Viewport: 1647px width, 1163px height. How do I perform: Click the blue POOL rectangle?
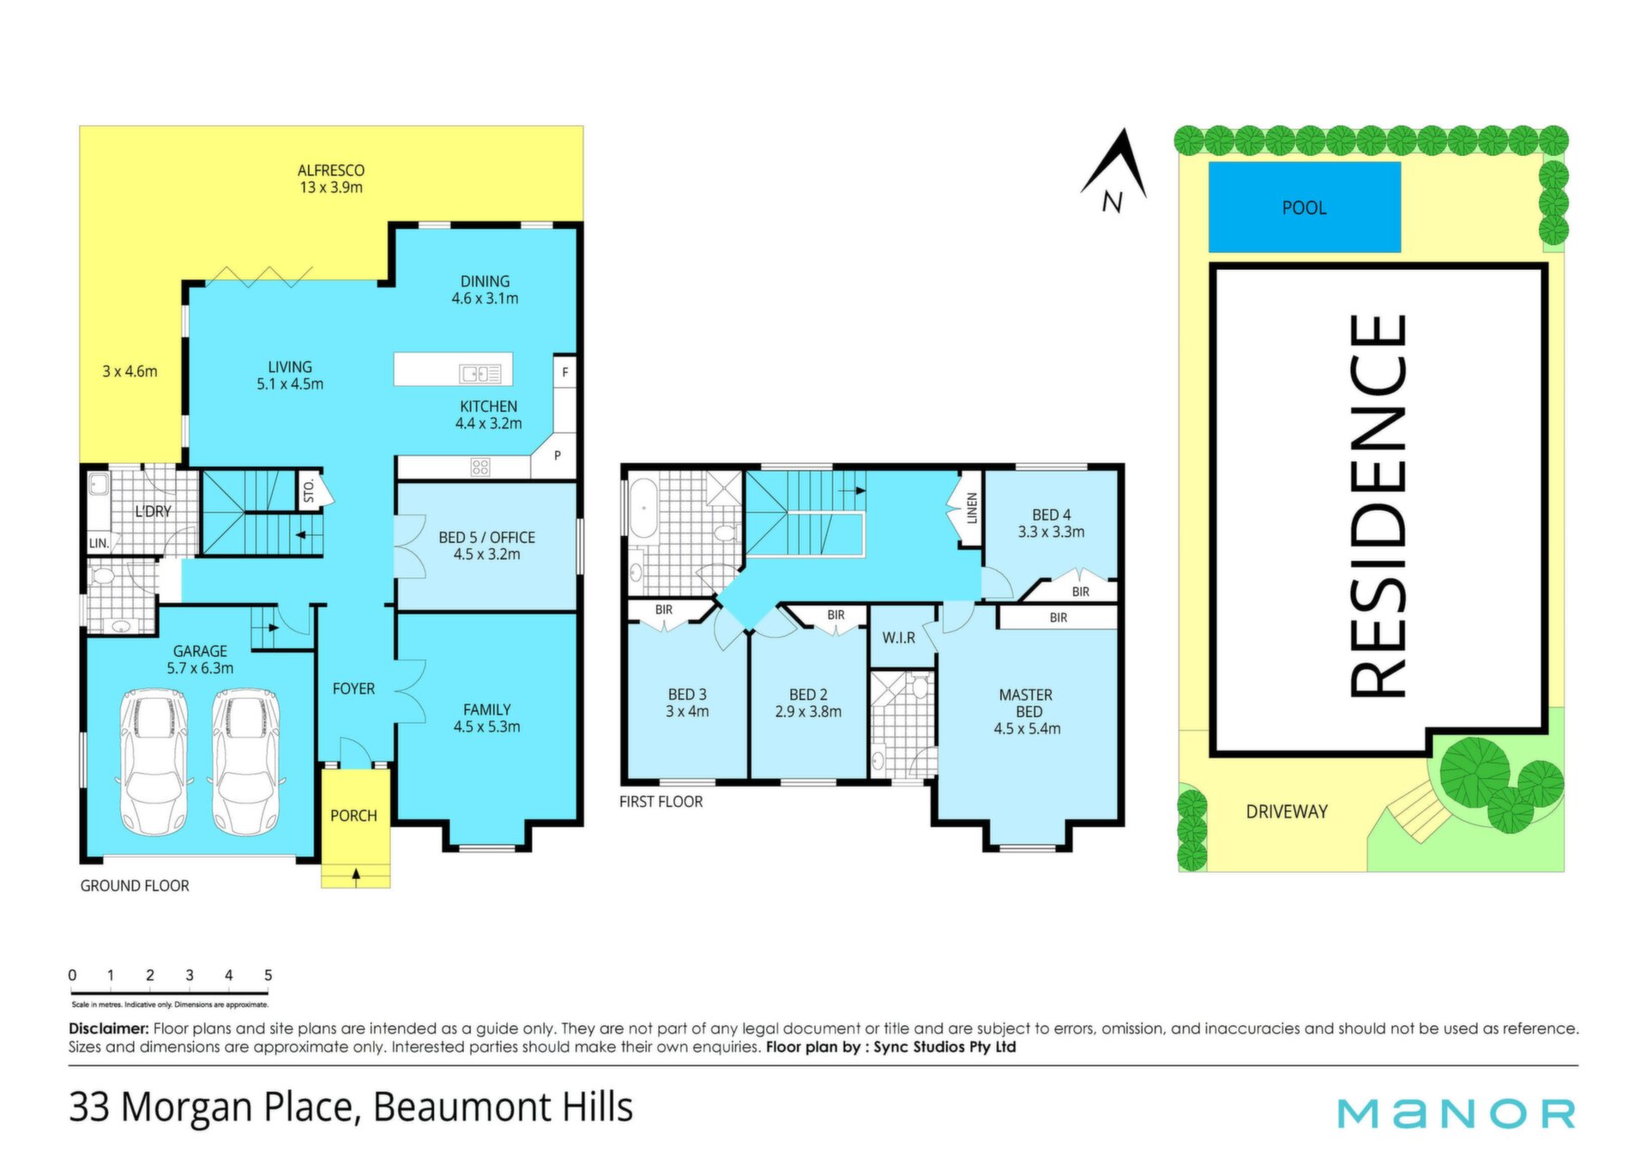point(1304,207)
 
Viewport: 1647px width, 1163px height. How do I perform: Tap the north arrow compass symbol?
point(1114,171)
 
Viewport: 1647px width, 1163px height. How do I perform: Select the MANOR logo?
point(1457,1113)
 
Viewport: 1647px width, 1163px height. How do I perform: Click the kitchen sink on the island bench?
point(480,373)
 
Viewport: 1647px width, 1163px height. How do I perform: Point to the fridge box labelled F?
point(564,371)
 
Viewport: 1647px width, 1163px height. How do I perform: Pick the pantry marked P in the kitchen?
point(557,456)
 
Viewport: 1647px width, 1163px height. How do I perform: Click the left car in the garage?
point(154,762)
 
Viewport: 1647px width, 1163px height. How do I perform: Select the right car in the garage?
point(246,762)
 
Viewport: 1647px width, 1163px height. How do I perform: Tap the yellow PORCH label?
point(353,816)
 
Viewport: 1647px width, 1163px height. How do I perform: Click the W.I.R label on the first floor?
point(898,638)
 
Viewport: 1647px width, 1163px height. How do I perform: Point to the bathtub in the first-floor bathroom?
point(643,509)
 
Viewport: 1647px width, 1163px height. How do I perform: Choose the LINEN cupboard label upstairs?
point(972,509)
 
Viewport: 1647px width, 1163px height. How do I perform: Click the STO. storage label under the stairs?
point(309,491)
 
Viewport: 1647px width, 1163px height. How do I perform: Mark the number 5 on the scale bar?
point(268,975)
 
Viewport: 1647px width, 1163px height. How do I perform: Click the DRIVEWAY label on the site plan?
point(1287,811)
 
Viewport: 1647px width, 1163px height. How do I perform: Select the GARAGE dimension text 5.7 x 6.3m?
point(200,668)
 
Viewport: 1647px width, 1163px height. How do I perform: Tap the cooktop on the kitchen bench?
point(480,467)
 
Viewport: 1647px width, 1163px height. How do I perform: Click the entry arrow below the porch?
point(356,876)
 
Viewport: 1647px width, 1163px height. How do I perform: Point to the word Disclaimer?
point(109,1028)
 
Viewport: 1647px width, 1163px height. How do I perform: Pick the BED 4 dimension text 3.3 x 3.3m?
point(1051,532)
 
